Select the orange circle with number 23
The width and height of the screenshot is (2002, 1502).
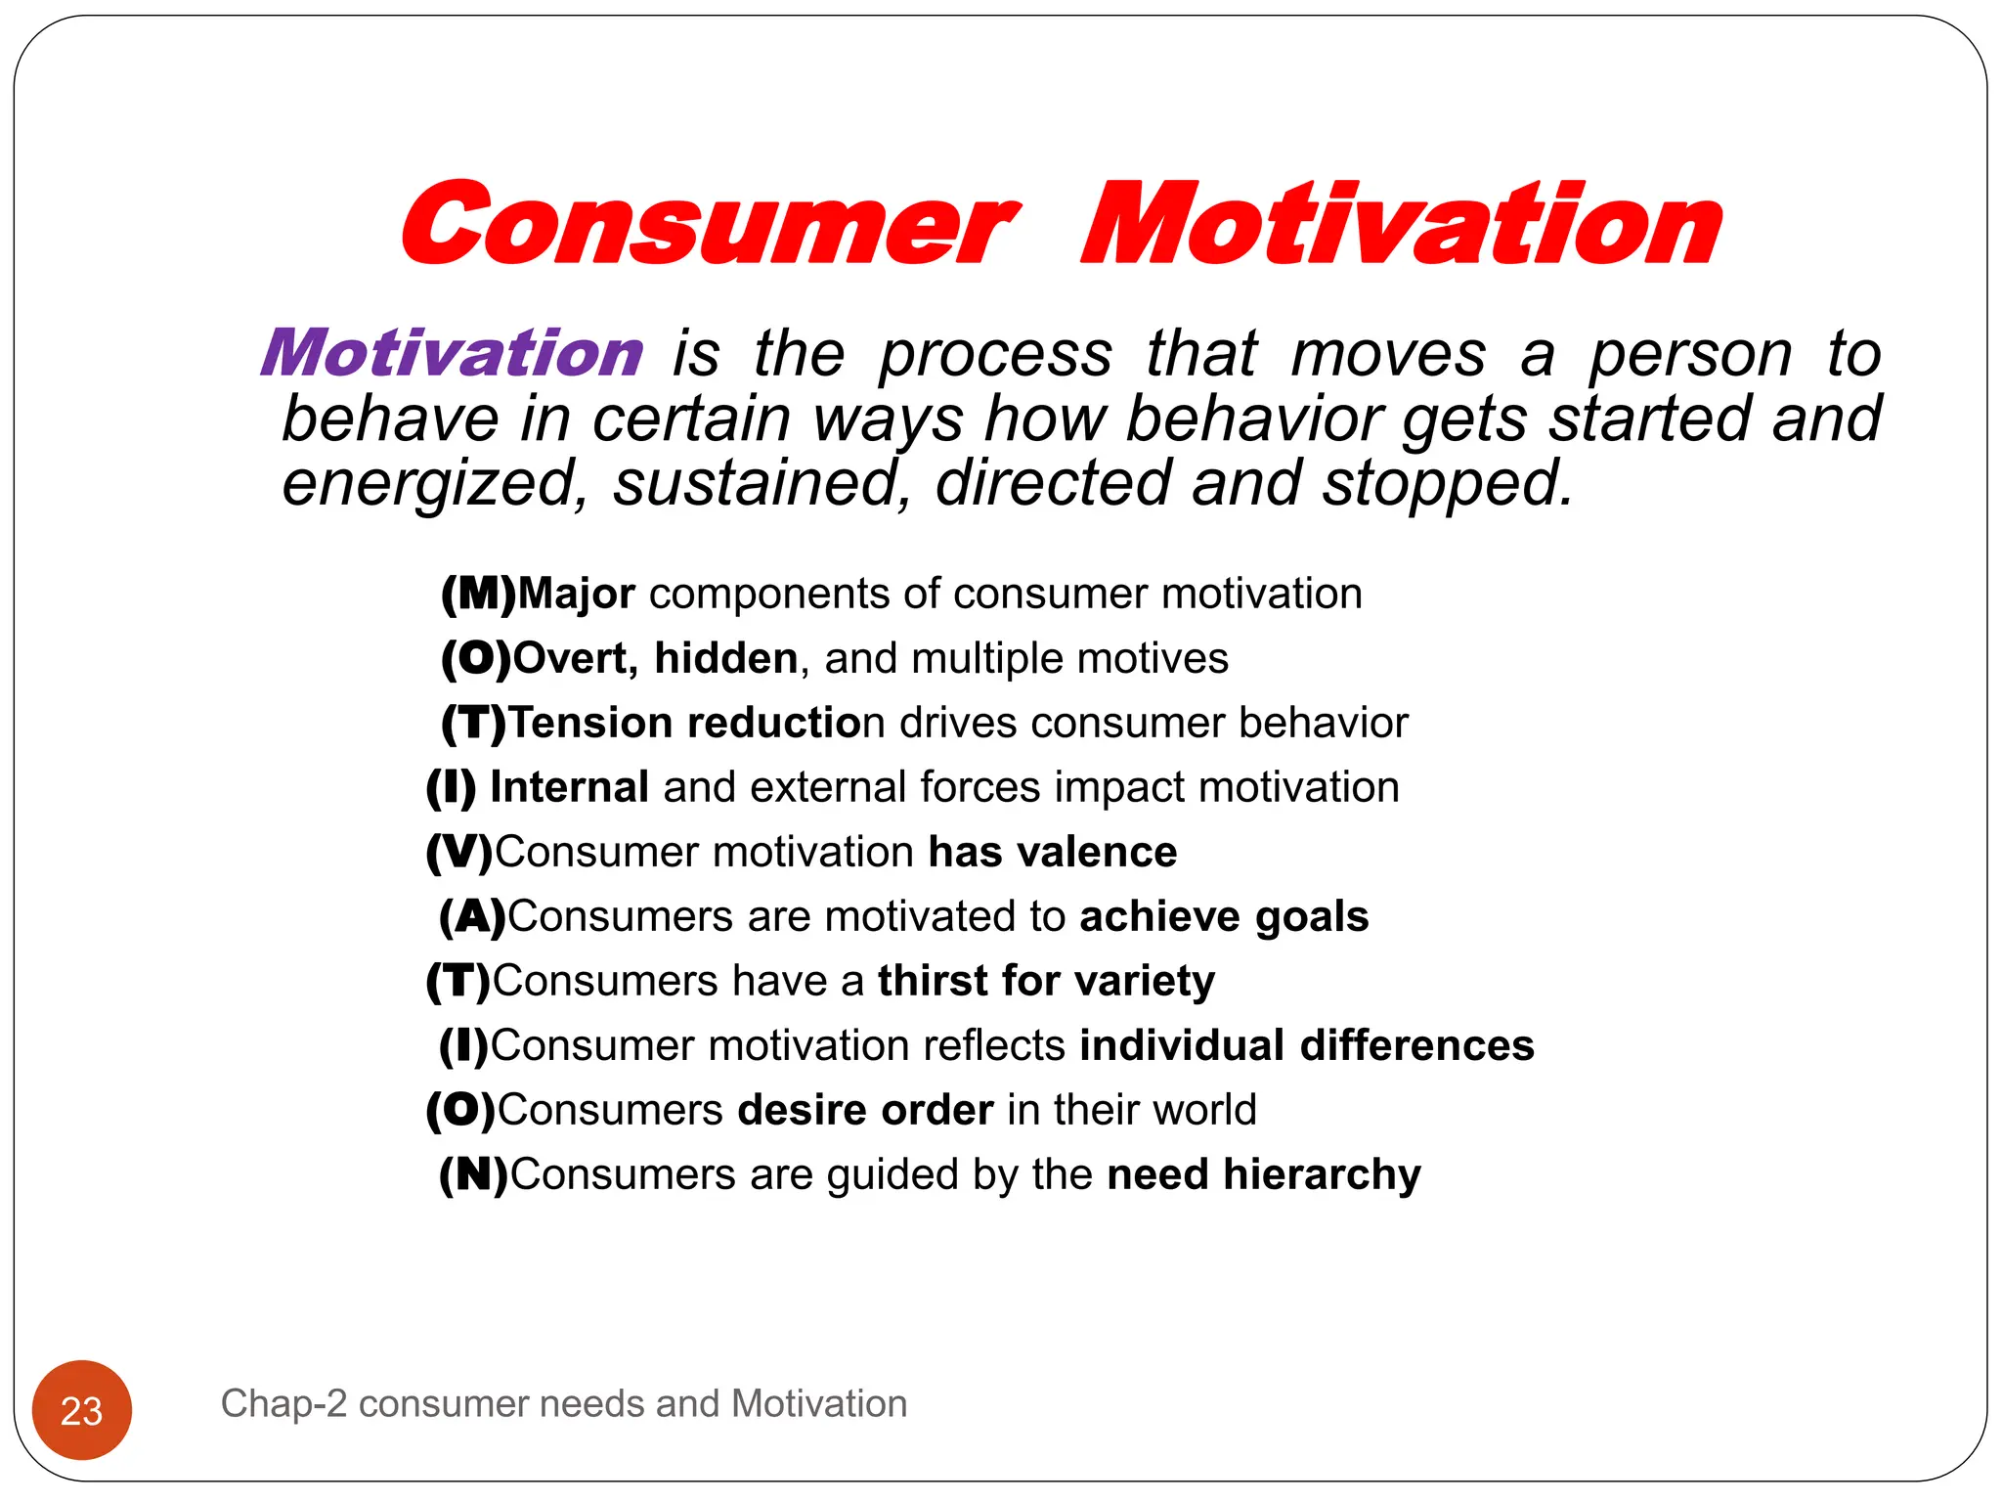click(82, 1410)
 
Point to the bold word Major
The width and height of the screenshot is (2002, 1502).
click(577, 594)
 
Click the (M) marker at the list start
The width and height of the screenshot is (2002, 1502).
click(478, 594)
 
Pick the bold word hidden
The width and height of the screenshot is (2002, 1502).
click(726, 658)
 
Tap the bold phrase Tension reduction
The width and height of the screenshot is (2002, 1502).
click(684, 723)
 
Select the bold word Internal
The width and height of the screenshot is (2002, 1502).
click(570, 787)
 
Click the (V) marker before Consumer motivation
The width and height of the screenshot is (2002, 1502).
click(459, 852)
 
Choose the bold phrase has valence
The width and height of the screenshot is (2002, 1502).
click(1052, 852)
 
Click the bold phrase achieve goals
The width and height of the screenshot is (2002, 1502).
click(1224, 916)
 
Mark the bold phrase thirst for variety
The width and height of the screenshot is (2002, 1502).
click(1046, 981)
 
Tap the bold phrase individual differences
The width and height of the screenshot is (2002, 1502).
click(1307, 1045)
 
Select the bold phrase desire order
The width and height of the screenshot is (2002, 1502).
click(865, 1110)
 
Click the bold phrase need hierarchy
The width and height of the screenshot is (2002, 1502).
click(1263, 1174)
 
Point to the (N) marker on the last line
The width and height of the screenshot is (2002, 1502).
click(473, 1174)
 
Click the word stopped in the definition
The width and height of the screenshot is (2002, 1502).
click(1445, 483)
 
